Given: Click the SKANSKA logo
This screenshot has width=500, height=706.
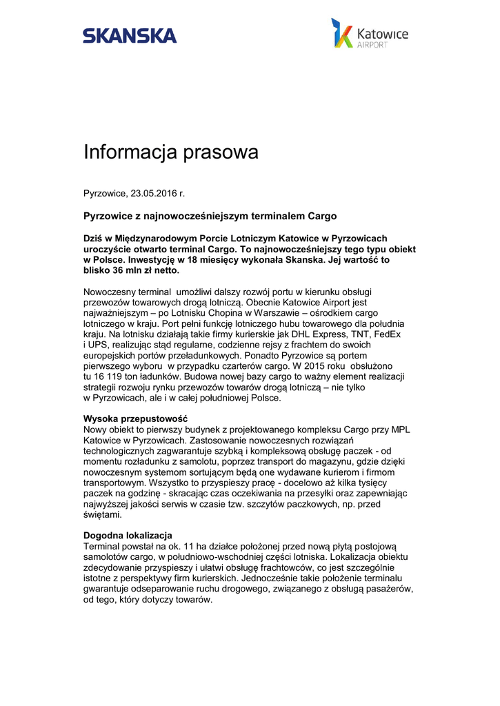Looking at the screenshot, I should [x=130, y=35].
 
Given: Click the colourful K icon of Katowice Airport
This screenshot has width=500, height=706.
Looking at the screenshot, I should [x=342, y=33].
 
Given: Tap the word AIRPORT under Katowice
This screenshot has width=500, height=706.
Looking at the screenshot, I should [x=372, y=45].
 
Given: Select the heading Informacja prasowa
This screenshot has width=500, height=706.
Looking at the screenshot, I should [x=171, y=152].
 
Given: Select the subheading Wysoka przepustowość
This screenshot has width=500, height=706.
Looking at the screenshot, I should [x=135, y=418].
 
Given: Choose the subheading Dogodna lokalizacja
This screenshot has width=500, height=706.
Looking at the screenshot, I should [x=128, y=535].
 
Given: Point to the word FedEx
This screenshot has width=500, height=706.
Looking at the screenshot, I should [x=387, y=334].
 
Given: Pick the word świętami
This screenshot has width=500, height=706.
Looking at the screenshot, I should [x=102, y=515].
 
